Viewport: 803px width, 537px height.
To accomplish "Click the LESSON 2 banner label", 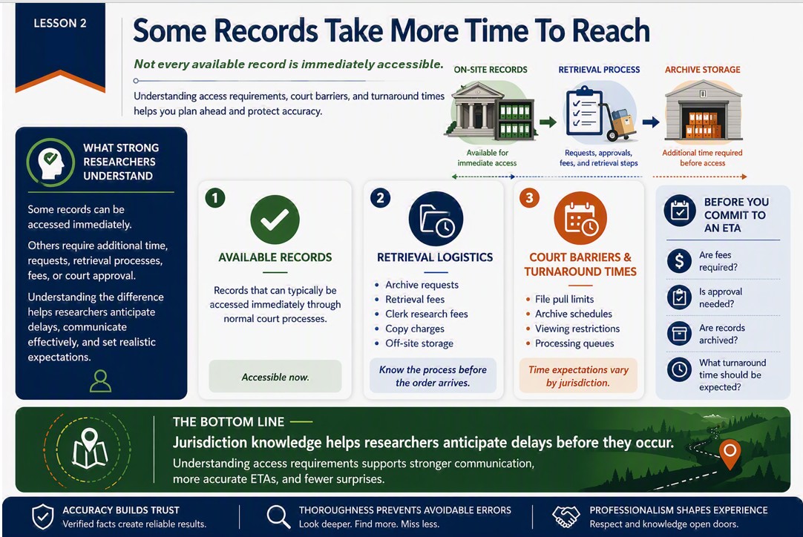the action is coord(60,23).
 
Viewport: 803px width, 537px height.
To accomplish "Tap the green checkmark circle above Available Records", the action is coord(275,220).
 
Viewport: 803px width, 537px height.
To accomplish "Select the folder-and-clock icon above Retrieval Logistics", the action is coord(436,219).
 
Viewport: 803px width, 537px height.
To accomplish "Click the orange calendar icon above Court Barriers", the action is coord(580,219).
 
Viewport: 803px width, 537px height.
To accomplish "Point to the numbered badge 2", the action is coord(380,198).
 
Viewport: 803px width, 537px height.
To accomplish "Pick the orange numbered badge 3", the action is coord(529,197).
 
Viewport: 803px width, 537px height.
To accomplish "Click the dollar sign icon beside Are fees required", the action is coord(679,260).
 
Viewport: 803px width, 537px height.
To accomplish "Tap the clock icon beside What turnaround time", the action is coord(679,369).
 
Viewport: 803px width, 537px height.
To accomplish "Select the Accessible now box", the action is coord(275,377).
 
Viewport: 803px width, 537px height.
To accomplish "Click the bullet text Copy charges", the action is coord(415,329).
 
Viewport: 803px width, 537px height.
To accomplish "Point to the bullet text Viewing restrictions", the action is coord(577,329).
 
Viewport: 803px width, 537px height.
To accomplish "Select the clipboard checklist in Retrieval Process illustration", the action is coord(584,111).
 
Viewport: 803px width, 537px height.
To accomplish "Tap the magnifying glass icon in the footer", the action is coord(278,516).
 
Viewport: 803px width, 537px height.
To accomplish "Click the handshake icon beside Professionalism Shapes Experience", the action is coord(566,516).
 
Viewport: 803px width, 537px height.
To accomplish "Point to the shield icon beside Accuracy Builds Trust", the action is coord(42,516).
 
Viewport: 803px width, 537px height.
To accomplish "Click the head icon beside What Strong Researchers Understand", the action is coord(51,162).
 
